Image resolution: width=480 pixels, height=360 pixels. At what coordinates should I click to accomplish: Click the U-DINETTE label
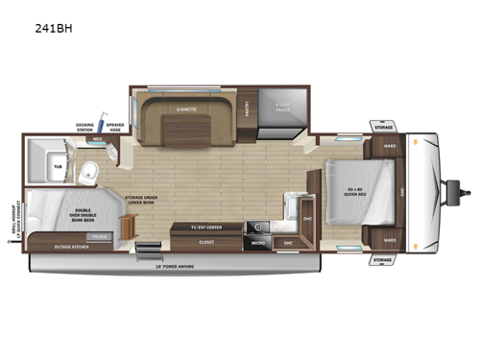pyautogui.click(x=187, y=109)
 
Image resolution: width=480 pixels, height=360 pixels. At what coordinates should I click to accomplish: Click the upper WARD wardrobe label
pyautogui.click(x=389, y=147)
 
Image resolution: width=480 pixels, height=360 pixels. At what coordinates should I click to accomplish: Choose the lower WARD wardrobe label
pyautogui.click(x=389, y=238)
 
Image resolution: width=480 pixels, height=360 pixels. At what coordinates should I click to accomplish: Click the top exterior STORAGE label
pyautogui.click(x=383, y=127)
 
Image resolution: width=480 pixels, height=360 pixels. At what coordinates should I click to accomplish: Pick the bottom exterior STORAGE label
pyautogui.click(x=383, y=259)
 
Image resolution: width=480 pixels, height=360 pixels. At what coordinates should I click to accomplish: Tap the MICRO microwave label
pyautogui.click(x=258, y=243)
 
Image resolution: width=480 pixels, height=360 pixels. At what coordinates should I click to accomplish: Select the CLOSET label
pyautogui.click(x=206, y=242)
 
